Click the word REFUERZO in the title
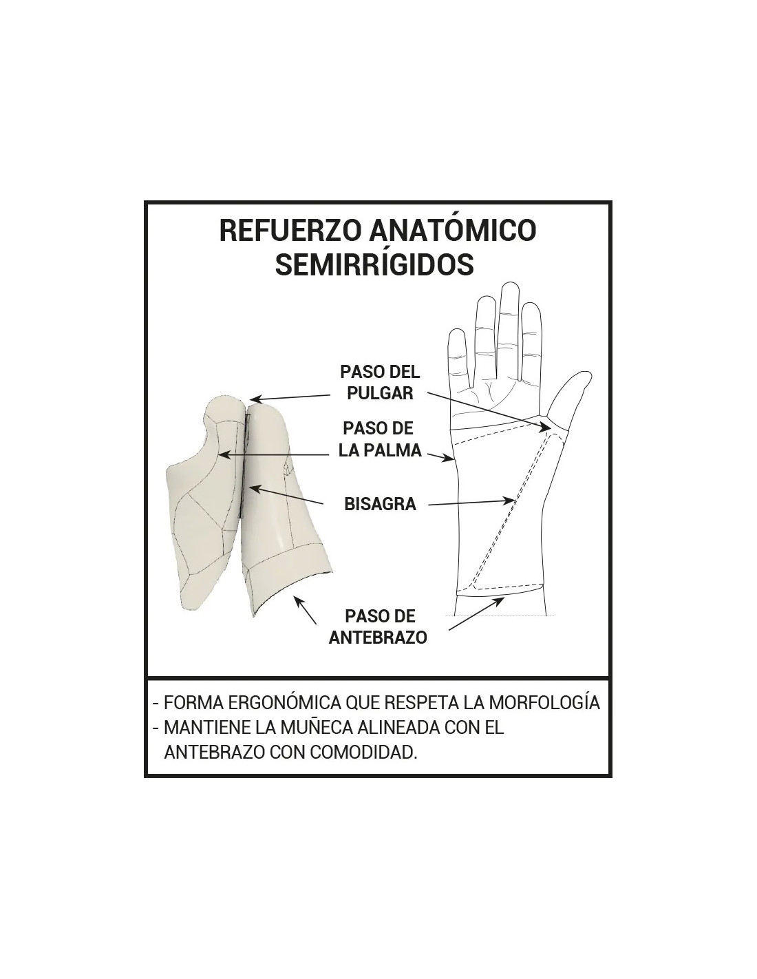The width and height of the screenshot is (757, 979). [290, 230]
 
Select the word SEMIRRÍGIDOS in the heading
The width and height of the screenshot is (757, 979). [374, 263]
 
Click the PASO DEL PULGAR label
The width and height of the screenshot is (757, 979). [380, 383]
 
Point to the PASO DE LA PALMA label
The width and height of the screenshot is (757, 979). [380, 439]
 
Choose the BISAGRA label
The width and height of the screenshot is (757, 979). [380, 504]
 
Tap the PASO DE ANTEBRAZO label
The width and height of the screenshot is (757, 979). [378, 627]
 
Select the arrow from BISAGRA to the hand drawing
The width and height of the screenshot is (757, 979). [471, 503]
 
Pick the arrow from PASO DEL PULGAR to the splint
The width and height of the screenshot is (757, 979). [290, 397]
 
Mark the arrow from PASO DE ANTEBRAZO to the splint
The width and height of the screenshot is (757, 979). [305, 609]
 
